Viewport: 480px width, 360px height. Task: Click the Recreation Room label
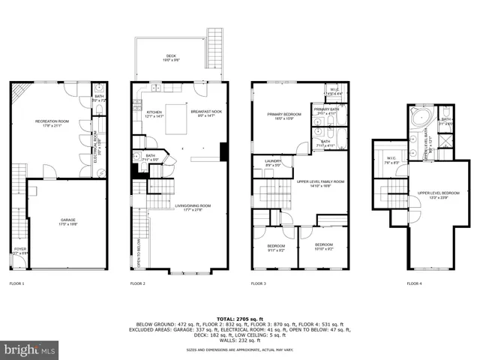(47, 122)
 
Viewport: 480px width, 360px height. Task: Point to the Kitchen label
(153, 114)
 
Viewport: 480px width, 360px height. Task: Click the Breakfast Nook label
(200, 114)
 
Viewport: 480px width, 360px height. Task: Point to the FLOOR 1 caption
(16, 284)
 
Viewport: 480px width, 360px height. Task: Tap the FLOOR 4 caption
(414, 284)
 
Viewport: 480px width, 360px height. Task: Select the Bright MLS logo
(30, 349)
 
